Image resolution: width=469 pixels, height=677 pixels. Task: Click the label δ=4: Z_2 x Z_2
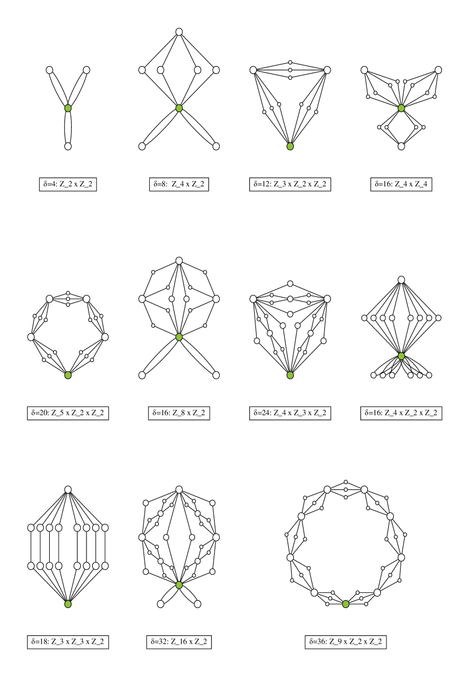(x=68, y=184)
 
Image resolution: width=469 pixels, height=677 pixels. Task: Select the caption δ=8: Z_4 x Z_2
(x=179, y=184)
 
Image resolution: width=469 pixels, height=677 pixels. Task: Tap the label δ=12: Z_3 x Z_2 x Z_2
(x=290, y=184)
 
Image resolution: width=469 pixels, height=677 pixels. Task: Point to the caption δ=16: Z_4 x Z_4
(x=401, y=184)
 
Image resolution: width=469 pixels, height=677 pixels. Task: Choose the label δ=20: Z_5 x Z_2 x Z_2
(x=68, y=413)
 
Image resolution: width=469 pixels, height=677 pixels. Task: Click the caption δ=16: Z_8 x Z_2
(x=179, y=413)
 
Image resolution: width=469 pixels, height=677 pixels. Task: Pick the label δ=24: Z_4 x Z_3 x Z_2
(x=290, y=413)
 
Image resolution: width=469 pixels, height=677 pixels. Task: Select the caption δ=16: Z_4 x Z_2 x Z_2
(x=401, y=413)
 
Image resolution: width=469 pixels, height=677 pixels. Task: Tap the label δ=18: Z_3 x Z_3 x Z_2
(x=68, y=641)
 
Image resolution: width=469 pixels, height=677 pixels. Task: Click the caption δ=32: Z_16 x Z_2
(x=179, y=641)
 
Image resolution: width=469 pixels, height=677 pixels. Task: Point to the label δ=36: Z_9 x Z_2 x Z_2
(x=345, y=641)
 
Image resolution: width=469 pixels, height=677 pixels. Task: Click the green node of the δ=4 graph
(x=68, y=108)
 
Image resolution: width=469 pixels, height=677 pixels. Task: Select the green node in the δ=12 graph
(x=290, y=146)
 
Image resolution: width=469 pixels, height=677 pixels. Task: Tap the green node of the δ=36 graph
(x=345, y=604)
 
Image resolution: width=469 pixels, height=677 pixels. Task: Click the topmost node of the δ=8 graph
(x=179, y=32)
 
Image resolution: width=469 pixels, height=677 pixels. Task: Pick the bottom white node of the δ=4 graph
(x=68, y=146)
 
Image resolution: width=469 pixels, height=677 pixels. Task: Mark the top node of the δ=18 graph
(x=68, y=489)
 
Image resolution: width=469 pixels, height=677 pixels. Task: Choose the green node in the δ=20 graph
(x=68, y=375)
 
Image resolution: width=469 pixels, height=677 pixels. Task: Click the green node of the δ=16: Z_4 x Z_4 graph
(x=401, y=108)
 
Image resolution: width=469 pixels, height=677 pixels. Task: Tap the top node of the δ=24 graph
(x=290, y=283)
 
